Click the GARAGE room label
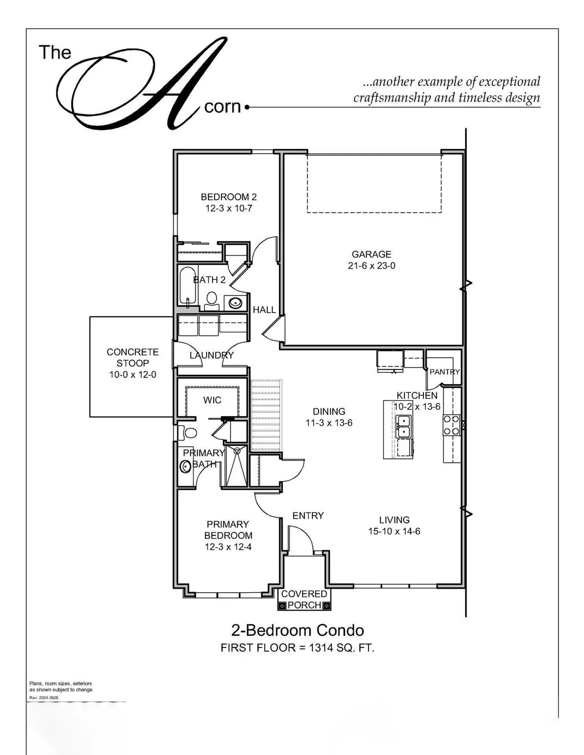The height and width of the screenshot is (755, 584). pos(371,254)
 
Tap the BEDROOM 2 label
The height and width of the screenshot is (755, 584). pos(229,197)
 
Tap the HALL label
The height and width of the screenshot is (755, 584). pos(264,310)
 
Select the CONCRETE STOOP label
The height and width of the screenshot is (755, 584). pos(132,357)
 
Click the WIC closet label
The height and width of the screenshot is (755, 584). pos(212,400)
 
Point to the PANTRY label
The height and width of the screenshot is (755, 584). pos(444,372)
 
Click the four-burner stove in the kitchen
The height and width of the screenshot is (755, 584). pos(451,424)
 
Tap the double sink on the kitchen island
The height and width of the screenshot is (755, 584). pos(403,425)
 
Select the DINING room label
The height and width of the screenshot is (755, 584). pos(329,411)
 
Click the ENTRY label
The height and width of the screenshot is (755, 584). pos(308,516)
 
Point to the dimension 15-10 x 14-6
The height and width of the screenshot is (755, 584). pos(394,531)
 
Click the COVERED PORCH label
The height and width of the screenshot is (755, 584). pos(304,599)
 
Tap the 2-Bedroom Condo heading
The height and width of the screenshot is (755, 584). pos(297,631)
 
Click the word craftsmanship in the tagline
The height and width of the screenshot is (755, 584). pos(392,98)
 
